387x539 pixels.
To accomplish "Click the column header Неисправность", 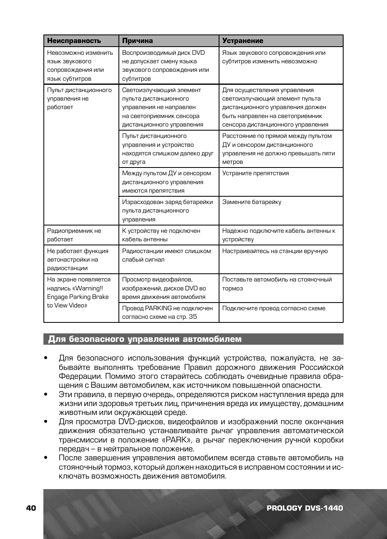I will (74, 41).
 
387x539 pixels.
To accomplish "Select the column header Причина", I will (138, 41).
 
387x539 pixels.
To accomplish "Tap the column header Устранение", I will (243, 41).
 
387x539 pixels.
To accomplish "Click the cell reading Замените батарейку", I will (252, 202).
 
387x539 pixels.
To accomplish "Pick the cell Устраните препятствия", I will (256, 173).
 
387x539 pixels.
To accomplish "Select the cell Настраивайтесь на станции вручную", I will (275, 251).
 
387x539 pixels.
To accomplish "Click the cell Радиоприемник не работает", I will (74, 235).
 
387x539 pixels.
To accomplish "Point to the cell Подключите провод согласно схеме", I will (273, 308).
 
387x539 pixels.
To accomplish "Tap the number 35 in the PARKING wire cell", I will (193, 317).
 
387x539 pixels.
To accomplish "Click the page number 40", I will (31, 508).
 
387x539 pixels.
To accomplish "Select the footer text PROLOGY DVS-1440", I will (305, 508).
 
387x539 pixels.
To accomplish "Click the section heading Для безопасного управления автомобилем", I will (145, 339).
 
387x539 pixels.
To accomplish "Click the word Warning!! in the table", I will (89, 288).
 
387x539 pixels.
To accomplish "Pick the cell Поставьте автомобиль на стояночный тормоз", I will (277, 284).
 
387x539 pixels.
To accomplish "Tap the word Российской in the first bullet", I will (321, 367).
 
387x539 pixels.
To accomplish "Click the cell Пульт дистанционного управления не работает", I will (79, 99).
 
